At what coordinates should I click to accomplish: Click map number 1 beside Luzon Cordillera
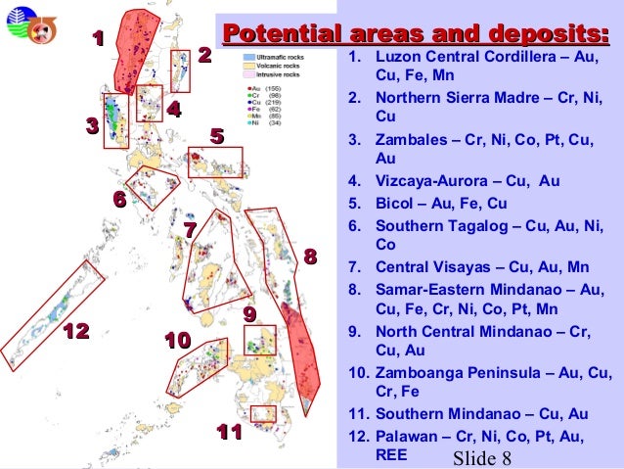(97, 38)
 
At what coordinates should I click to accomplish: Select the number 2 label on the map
(204, 54)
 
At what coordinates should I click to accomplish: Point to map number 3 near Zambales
(92, 126)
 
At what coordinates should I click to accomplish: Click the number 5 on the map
(217, 135)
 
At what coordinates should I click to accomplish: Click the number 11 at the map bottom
(229, 432)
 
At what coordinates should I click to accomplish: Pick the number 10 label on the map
(177, 341)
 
